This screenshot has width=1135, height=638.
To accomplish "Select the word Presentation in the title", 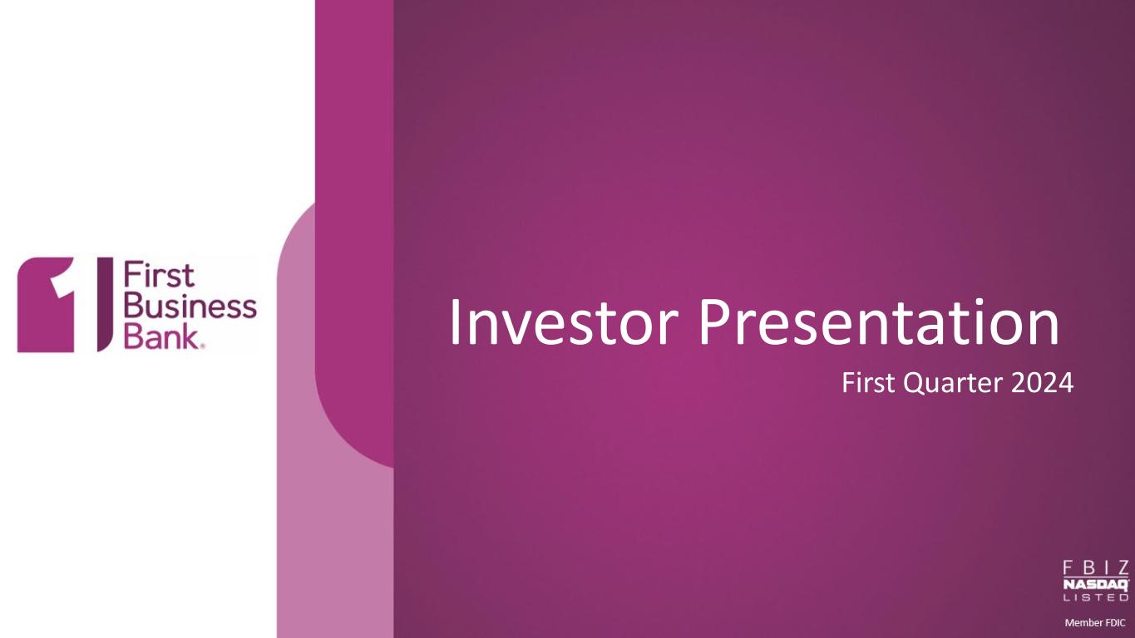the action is pyautogui.click(x=879, y=322).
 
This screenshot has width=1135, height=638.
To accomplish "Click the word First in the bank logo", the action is pyautogui.click(x=159, y=276).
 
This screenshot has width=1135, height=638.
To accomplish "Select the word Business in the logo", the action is pyautogui.click(x=190, y=306).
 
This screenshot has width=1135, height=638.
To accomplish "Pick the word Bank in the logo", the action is pyautogui.click(x=161, y=336).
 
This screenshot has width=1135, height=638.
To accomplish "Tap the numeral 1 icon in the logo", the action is pyautogui.click(x=46, y=305).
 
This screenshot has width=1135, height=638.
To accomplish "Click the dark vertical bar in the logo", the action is pyautogui.click(x=105, y=304).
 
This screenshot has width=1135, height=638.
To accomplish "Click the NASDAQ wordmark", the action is pyautogui.click(x=1096, y=585).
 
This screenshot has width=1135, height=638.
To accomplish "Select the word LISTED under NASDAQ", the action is pyautogui.click(x=1096, y=597).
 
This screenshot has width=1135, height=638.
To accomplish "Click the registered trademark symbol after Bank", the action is pyautogui.click(x=203, y=346).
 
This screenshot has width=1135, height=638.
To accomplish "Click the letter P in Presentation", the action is pyautogui.click(x=714, y=322).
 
